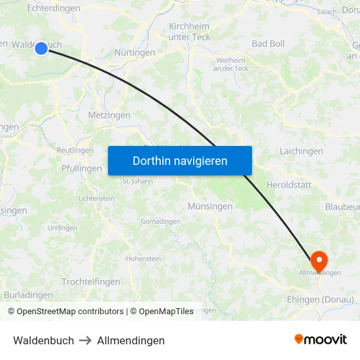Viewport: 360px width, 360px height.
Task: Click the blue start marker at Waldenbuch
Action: [x=41, y=48]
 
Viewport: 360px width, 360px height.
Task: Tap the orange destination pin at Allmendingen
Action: [x=319, y=260]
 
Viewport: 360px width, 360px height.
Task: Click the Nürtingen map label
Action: [x=135, y=52]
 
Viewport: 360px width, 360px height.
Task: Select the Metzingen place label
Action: [x=109, y=115]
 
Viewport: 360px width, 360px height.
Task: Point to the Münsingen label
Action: [x=210, y=206]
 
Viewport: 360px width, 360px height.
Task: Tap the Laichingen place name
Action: [x=301, y=151]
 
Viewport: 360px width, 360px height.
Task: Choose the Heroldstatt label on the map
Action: [x=288, y=185]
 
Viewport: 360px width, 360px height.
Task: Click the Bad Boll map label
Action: [x=268, y=44]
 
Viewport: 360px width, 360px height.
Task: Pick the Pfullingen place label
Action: [x=82, y=168]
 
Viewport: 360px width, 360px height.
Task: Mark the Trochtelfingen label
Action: [x=91, y=281]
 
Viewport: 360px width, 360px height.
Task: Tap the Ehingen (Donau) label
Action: [x=320, y=299]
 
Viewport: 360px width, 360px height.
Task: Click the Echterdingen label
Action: [x=54, y=9]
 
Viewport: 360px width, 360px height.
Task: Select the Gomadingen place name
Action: [x=160, y=221]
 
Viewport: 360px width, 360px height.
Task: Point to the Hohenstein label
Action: [x=143, y=259]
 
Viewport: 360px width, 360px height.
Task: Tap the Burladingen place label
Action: [x=28, y=295]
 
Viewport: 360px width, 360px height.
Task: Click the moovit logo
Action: [x=320, y=339]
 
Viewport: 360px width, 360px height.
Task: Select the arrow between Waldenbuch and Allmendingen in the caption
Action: [x=86, y=340]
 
